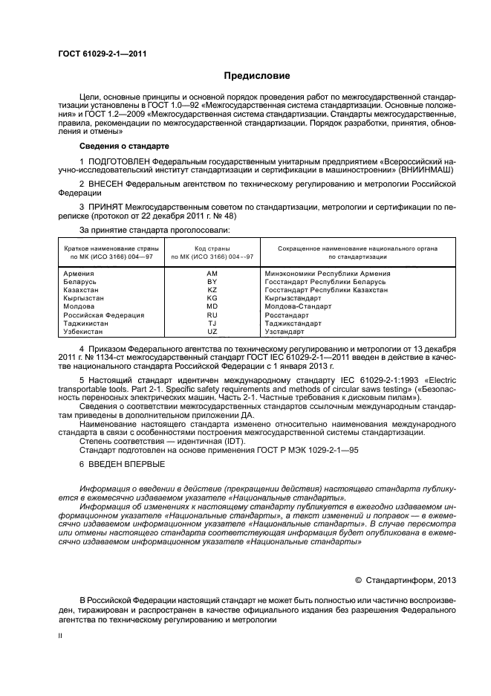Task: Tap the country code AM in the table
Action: coord(212,274)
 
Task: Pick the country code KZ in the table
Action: coord(212,290)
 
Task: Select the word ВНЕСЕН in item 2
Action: coord(108,182)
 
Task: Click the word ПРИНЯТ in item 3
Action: coord(108,205)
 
